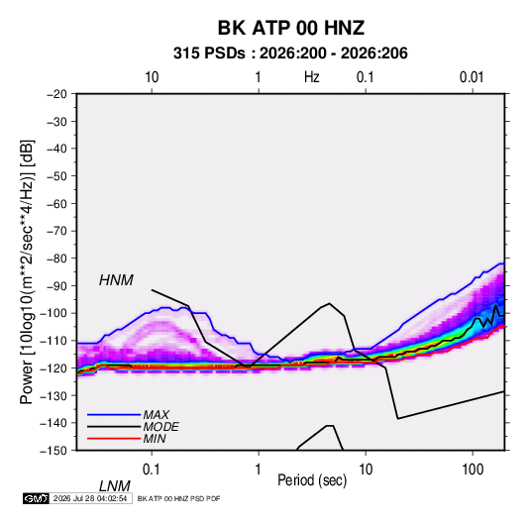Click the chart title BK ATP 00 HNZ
pos(291,28)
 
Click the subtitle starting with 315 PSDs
pos(290,53)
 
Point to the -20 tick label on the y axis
pos(57,94)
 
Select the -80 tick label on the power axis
pos(57,259)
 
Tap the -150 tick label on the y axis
pos(53,451)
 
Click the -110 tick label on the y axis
pos(53,341)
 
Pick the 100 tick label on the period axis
pos(473,470)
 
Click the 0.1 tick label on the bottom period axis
pos(152,470)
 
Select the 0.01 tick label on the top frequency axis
pos(472,77)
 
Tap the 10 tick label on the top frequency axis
pos(152,77)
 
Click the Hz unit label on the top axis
pos(312,77)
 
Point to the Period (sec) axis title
pos(312,480)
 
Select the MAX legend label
pos(157,415)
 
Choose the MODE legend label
pos(160,427)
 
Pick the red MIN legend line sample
pos(114,439)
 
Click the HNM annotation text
pos(116,280)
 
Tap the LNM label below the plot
pos(115,486)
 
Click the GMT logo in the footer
pos(37,498)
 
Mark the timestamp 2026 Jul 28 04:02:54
pos(90,498)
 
